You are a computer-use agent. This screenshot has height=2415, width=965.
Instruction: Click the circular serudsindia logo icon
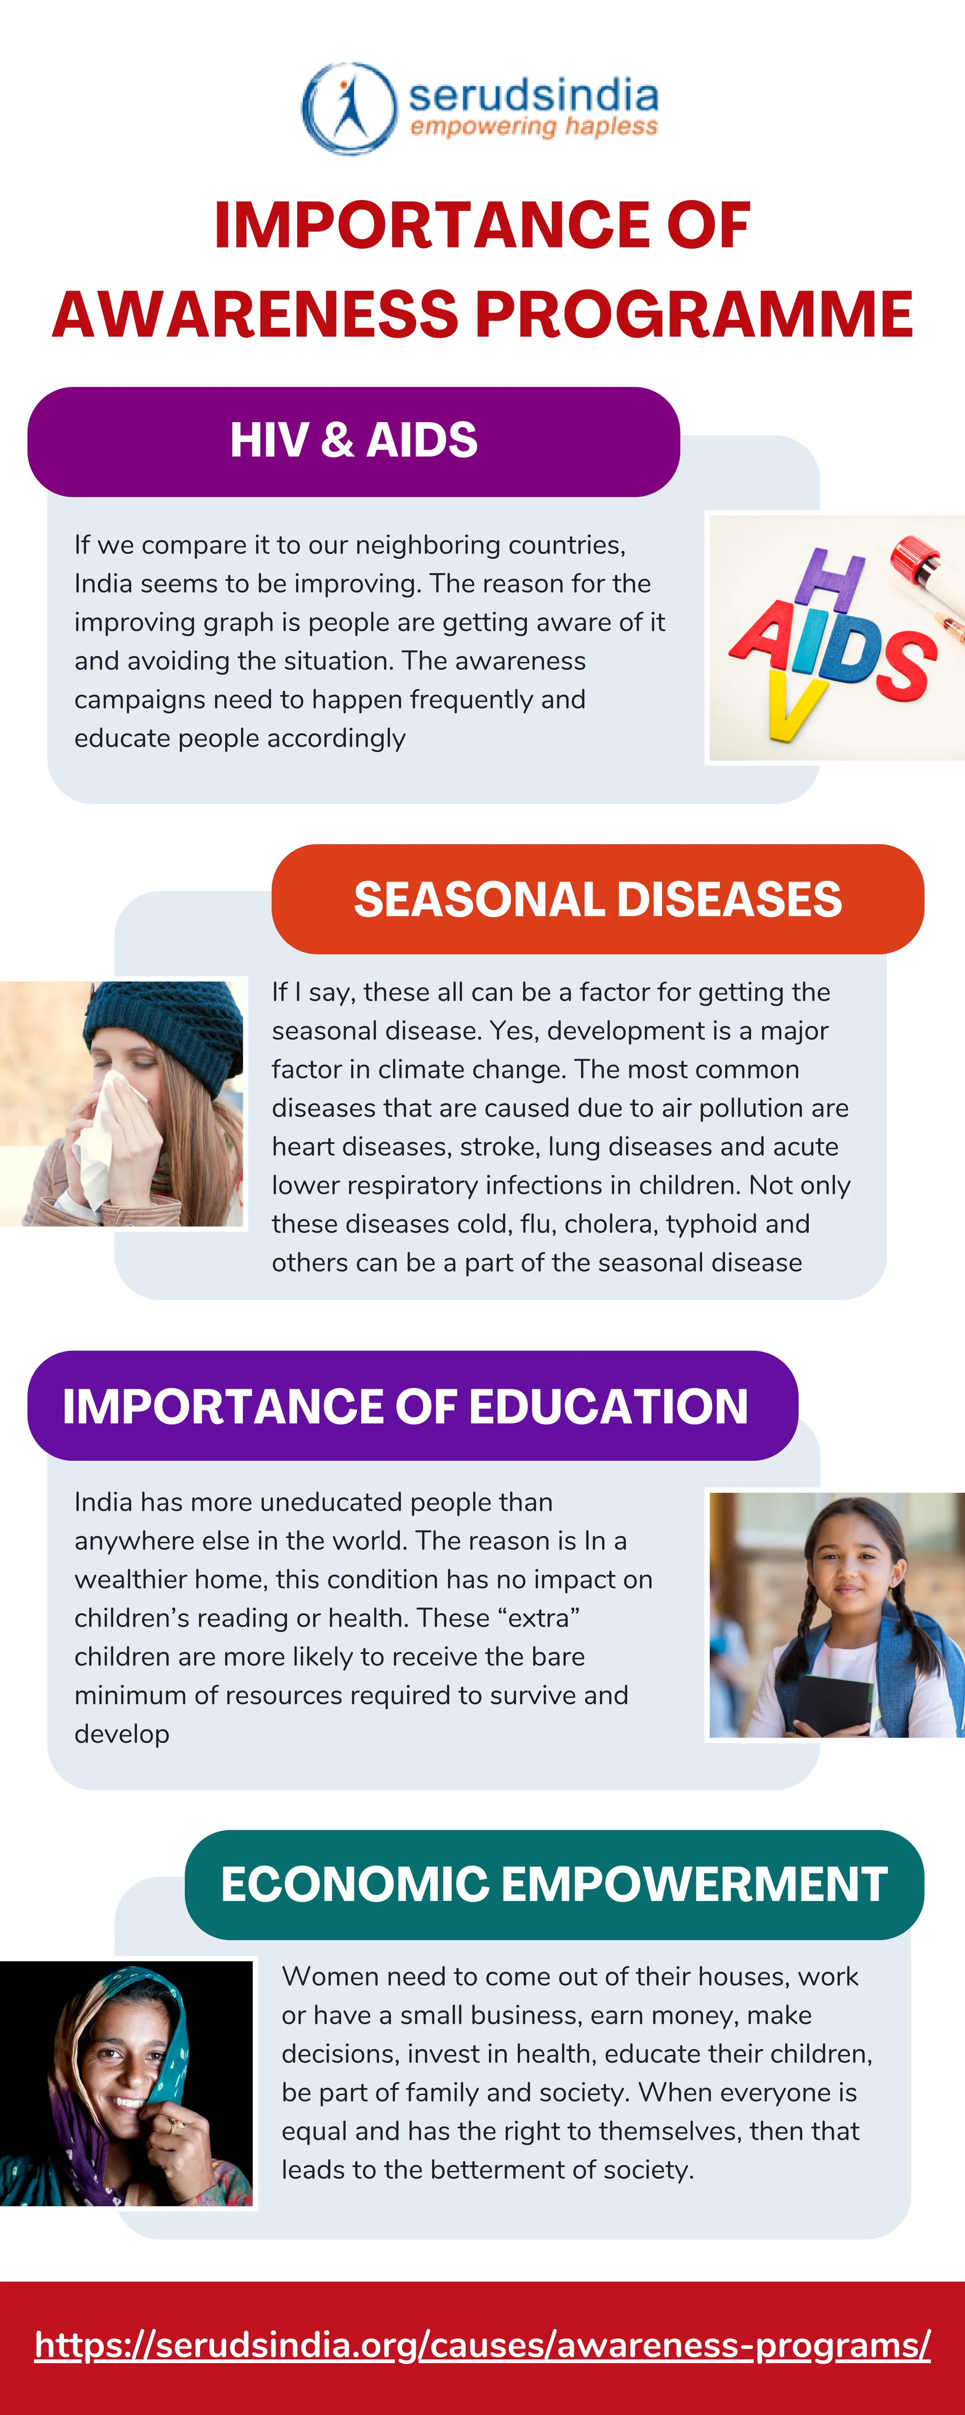pyautogui.click(x=349, y=108)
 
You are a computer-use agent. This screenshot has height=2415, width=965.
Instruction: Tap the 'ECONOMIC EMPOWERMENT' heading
pyautogui.click(x=554, y=1884)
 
